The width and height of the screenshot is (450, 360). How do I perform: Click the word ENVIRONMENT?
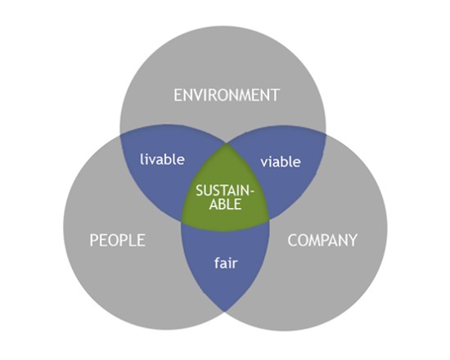(x=227, y=95)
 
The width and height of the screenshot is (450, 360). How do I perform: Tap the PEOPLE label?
(x=118, y=241)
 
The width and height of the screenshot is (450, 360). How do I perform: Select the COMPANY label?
(x=322, y=241)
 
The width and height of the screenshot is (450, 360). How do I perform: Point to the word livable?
(x=162, y=160)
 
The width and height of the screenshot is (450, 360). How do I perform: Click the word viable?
(x=281, y=162)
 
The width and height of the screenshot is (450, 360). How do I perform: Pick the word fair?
(x=226, y=263)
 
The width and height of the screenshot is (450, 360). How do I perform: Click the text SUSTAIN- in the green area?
(x=225, y=191)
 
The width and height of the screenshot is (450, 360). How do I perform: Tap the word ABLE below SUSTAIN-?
(x=225, y=204)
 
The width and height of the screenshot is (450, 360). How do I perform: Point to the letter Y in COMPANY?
(x=353, y=241)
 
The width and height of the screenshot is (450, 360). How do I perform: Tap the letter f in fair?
(x=217, y=263)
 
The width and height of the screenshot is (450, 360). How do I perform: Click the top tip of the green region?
(x=227, y=143)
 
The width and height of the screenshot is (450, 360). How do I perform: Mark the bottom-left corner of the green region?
(x=182, y=221)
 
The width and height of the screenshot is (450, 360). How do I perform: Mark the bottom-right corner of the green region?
(x=269, y=220)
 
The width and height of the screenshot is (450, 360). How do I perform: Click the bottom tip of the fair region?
(x=225, y=312)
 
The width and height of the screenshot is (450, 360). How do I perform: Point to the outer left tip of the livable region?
(x=120, y=134)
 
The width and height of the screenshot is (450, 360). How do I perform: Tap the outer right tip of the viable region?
(x=326, y=133)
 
